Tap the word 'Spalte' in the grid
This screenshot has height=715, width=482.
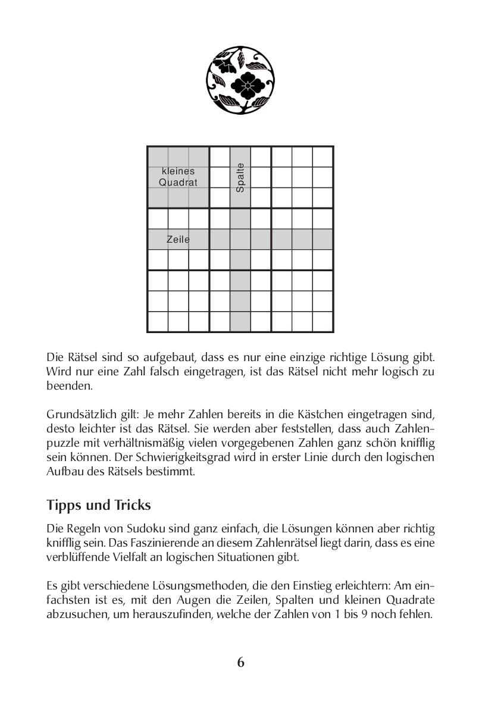tap(240, 178)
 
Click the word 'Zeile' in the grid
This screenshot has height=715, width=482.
tap(178, 240)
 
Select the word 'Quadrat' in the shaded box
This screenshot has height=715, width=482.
tap(178, 183)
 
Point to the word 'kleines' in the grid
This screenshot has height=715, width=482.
tap(178, 171)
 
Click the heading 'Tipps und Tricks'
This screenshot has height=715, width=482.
tap(99, 505)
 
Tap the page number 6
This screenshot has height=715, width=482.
tap(240, 662)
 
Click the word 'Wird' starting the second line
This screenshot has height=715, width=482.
tap(58, 371)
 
